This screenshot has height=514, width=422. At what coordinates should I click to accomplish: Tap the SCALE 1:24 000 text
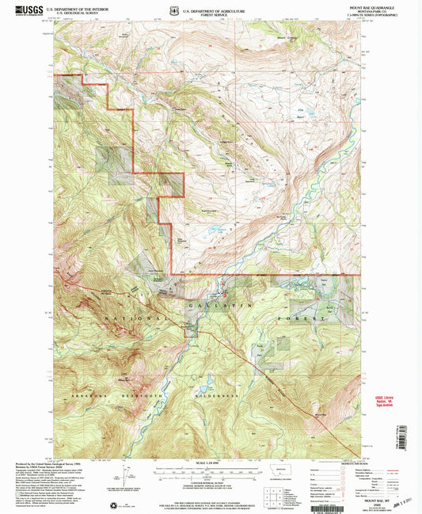pos(210,462)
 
